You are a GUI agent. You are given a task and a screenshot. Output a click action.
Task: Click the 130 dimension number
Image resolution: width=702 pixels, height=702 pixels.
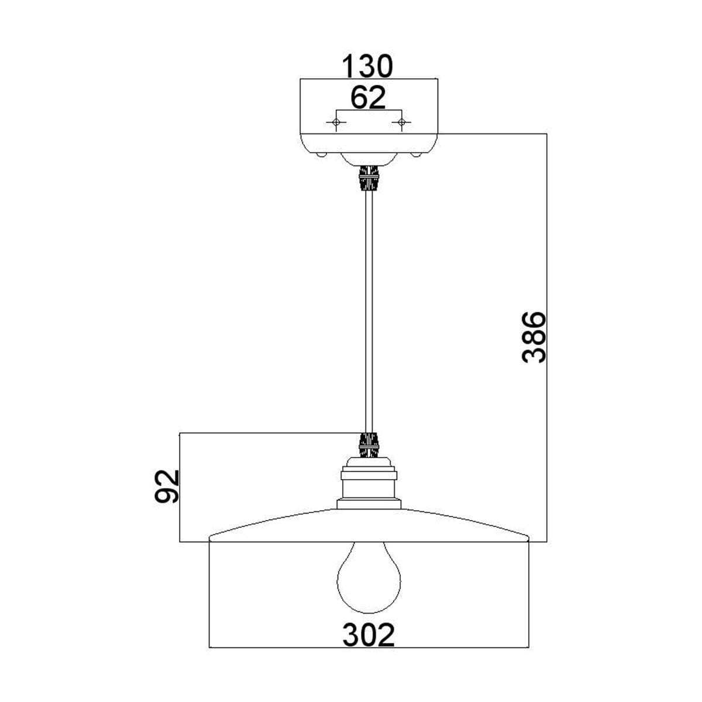[x=367, y=66]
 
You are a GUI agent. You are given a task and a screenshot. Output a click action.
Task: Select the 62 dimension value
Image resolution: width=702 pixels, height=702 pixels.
[x=368, y=98]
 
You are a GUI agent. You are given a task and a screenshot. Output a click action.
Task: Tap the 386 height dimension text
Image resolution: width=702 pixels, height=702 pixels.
[x=534, y=338]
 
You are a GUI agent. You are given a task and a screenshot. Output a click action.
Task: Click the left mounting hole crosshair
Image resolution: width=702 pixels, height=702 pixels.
[x=336, y=122]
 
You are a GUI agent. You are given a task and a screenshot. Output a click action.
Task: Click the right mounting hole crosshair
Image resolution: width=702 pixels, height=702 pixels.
[x=401, y=122]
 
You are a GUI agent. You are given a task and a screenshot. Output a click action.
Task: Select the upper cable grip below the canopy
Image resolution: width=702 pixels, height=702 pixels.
[x=369, y=179]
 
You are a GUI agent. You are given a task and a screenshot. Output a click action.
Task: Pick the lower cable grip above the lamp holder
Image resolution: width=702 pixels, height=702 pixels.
[x=369, y=445]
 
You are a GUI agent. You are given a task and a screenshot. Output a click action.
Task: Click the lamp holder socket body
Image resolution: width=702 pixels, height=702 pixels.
[x=369, y=483]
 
